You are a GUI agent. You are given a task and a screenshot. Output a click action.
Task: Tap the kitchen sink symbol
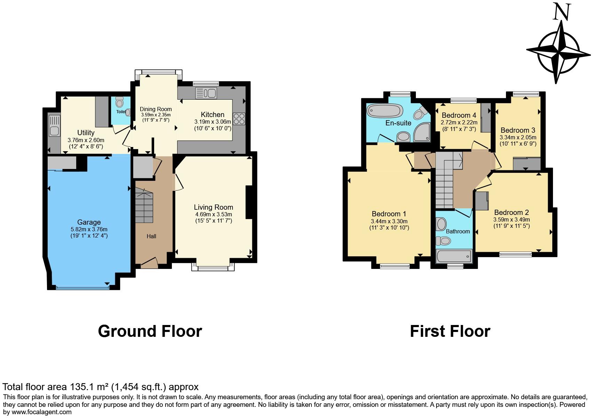click(206, 93)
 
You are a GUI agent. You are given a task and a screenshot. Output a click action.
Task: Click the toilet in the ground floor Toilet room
click(120, 102)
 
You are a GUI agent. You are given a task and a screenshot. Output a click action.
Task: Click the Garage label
click(89, 222)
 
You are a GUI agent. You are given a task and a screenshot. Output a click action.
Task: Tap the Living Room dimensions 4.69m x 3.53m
click(213, 214)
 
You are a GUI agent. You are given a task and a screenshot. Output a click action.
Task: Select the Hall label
click(151, 236)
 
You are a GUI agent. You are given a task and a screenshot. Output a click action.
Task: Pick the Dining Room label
click(156, 109)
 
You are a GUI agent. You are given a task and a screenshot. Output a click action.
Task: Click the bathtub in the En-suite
click(385, 110)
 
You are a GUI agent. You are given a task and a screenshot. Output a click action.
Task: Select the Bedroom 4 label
click(459, 115)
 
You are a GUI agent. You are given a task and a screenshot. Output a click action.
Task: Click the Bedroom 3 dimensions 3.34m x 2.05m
click(518, 137)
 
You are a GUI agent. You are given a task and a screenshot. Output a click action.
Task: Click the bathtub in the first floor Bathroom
click(453, 256)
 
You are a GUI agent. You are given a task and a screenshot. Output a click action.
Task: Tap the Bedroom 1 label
click(389, 214)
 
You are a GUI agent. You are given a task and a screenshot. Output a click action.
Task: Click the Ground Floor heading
click(150, 331)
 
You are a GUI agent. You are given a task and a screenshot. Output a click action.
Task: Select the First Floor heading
click(450, 331)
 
